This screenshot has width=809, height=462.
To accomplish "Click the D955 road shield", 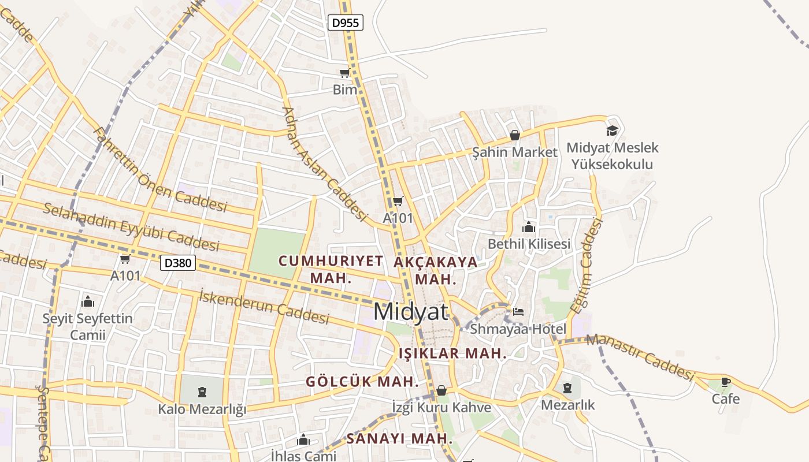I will [346, 23].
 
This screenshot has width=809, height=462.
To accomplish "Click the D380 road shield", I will [178, 263].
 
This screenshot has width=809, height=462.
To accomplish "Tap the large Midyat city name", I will [410, 312].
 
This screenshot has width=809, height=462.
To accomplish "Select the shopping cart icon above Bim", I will [345, 73].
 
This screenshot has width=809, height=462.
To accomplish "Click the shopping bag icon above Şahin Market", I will [514, 135].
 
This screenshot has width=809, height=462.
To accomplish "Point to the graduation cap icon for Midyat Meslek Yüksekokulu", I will [612, 131].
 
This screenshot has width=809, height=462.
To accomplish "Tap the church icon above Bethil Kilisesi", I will [529, 227].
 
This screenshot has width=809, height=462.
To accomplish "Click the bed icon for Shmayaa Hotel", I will [518, 312].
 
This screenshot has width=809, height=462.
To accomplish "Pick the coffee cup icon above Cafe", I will [726, 382].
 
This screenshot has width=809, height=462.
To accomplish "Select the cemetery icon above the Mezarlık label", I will [567, 388].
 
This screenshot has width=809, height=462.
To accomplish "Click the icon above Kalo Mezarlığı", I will [202, 392].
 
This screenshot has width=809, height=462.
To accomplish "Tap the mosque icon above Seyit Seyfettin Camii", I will [88, 301].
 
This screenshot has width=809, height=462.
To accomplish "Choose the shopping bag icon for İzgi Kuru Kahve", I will [441, 390].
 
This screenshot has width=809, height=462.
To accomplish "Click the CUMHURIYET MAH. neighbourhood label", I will [331, 269].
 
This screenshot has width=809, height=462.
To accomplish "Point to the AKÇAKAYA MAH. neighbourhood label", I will [436, 270].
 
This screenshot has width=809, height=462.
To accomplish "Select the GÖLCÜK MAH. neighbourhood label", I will [362, 382].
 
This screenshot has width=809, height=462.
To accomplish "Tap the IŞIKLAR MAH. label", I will [452, 353].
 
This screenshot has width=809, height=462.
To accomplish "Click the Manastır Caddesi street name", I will [640, 357].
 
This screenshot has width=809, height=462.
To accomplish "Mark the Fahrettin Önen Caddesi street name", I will [160, 170].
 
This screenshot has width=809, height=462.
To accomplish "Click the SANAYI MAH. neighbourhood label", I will [399, 439].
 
